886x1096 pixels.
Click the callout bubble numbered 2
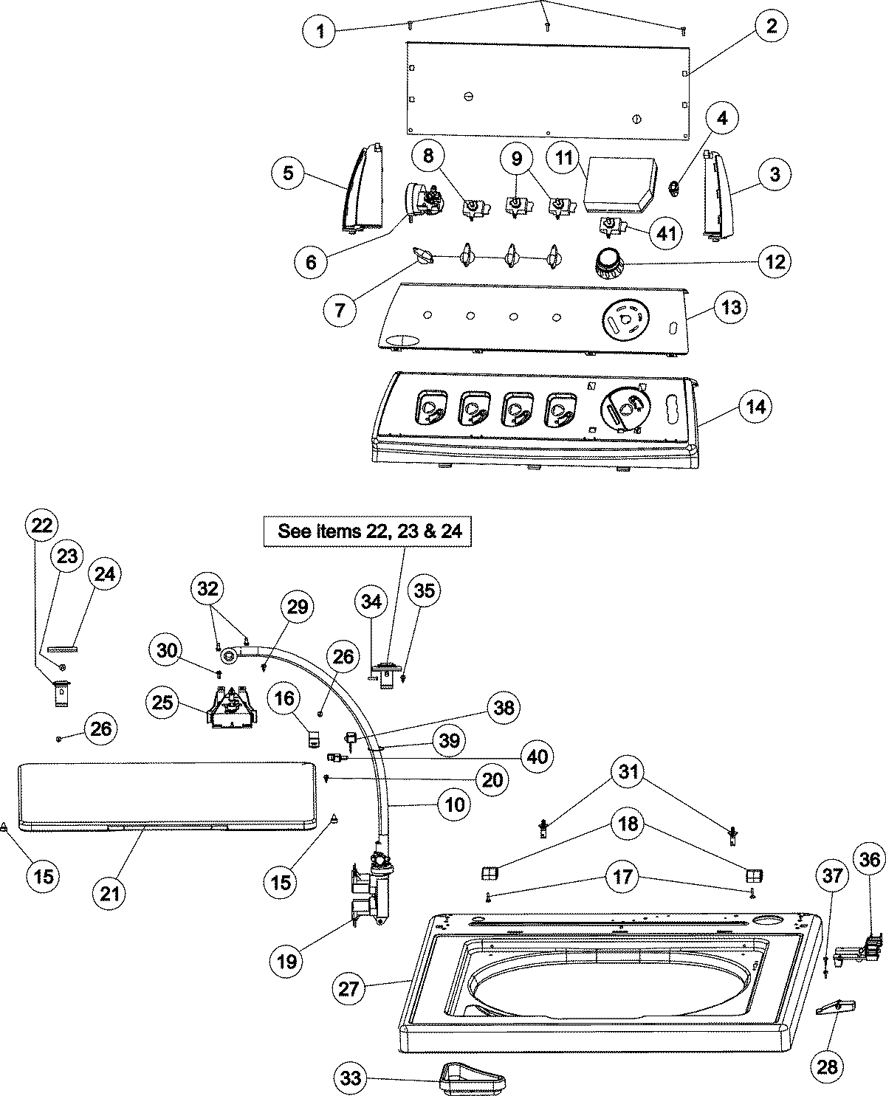tap(771, 27)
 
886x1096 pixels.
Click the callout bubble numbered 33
tap(351, 1079)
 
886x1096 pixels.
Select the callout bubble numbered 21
tap(110, 894)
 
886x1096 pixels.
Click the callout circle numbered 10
tap(455, 804)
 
